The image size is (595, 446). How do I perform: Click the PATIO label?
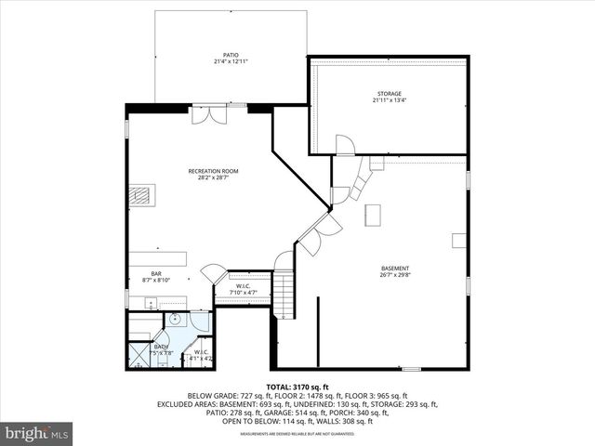[x=230, y=56]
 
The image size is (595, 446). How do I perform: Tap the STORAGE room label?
[x=389, y=94]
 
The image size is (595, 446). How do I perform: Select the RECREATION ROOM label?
[x=213, y=171]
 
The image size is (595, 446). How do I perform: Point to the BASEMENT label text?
[x=394, y=269]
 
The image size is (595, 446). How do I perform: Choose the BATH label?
[x=161, y=347]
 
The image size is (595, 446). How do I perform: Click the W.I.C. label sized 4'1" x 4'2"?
[x=201, y=353]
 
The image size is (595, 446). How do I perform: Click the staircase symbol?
[x=284, y=292]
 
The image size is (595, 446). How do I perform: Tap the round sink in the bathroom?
[x=173, y=319]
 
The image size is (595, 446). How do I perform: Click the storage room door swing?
[x=345, y=144]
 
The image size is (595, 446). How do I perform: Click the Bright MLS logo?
[x=38, y=432]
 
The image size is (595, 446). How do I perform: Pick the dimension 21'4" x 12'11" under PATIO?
[x=230, y=62]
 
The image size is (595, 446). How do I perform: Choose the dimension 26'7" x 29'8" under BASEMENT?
[x=394, y=275]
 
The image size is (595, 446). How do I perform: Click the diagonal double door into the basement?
[x=318, y=232]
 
